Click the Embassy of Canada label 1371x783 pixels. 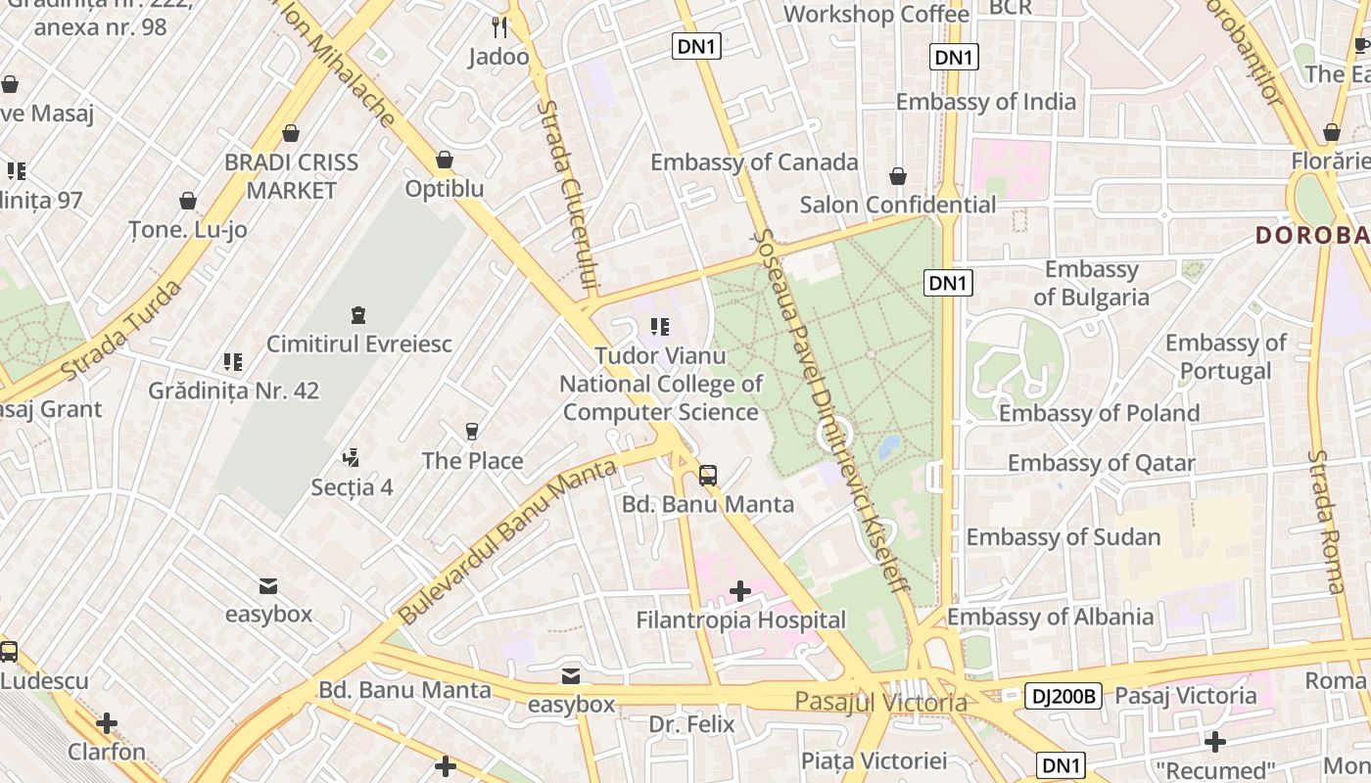click(x=754, y=162)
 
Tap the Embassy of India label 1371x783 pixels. click(x=985, y=102)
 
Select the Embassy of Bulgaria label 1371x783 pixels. click(x=1091, y=283)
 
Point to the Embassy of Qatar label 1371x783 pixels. click(x=1101, y=463)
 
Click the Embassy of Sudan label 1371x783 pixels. click(x=1064, y=537)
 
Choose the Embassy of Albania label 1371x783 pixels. click(x=1050, y=617)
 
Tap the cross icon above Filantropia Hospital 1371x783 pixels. click(x=740, y=591)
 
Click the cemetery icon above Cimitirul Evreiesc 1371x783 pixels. click(x=358, y=315)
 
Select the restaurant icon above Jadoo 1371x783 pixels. click(x=499, y=26)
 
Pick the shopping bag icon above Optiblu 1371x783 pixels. click(x=445, y=159)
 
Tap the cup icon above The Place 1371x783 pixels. click(x=472, y=432)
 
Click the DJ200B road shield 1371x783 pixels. click(x=1064, y=696)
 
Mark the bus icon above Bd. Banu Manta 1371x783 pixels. click(x=708, y=476)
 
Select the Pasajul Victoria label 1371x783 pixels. click(x=880, y=702)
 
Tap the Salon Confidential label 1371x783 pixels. click(x=898, y=205)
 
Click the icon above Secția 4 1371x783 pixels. click(x=352, y=457)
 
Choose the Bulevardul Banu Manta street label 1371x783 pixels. click(x=507, y=542)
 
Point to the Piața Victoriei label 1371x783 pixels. click(x=874, y=760)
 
